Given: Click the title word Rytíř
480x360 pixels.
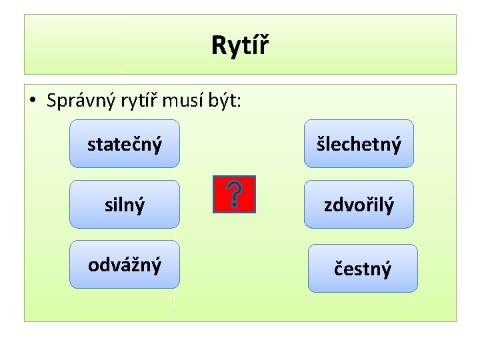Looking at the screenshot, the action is [240, 45].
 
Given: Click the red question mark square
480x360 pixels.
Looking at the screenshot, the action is [234, 194].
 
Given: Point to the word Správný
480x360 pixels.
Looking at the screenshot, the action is [79, 101].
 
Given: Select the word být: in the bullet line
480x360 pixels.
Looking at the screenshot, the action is [227, 101].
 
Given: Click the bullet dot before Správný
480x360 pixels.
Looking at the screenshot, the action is [33, 101].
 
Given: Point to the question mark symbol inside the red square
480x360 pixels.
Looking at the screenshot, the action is [234, 194].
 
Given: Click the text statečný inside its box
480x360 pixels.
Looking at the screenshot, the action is [125, 144].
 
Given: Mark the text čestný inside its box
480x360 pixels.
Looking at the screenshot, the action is [363, 269].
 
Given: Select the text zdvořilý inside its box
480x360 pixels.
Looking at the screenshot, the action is [359, 205].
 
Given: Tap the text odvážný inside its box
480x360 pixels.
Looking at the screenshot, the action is [125, 265].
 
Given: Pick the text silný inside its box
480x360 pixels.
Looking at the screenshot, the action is [125, 205].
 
